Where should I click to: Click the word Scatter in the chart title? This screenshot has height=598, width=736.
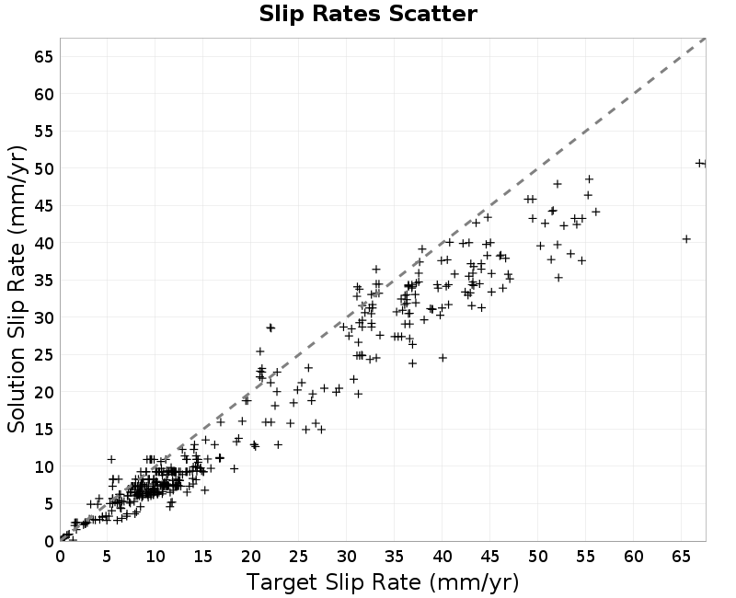click(433, 14)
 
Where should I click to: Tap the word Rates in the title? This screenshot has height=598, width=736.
click(347, 14)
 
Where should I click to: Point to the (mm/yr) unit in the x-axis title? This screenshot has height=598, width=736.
click(474, 582)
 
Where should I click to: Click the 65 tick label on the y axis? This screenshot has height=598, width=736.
click(43, 57)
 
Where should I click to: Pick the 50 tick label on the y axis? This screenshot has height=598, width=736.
click(43, 168)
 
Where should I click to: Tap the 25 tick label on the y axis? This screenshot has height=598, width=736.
click(43, 355)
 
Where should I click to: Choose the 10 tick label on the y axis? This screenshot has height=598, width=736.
click(43, 466)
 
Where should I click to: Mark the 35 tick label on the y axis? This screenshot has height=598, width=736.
click(43, 281)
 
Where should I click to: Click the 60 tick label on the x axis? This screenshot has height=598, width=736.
click(633, 558)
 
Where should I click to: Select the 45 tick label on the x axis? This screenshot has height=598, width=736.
click(490, 558)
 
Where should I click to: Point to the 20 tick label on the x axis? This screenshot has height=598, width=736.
click(250, 558)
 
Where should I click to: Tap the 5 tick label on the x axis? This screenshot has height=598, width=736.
click(107, 558)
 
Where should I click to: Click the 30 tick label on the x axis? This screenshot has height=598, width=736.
click(347, 558)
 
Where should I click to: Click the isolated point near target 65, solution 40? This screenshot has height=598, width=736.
click(686, 239)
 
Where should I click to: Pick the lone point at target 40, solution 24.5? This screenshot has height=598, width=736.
click(443, 358)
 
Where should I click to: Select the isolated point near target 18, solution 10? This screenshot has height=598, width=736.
click(235, 468)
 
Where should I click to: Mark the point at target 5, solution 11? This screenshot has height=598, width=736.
click(111, 459)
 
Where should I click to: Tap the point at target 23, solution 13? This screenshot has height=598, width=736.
click(279, 444)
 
